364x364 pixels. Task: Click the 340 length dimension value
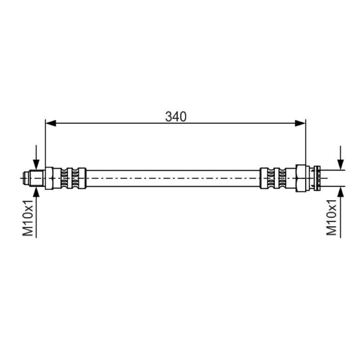[176, 117]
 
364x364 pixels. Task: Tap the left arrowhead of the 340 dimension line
[51, 123]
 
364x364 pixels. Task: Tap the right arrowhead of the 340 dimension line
[300, 123]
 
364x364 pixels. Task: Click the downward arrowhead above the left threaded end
[36, 164]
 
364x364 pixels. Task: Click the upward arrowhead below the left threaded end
[36, 192]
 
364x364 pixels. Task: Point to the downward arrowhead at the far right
[340, 165]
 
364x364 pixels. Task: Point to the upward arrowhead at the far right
[340, 192]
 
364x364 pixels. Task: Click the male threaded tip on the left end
[33, 178]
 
